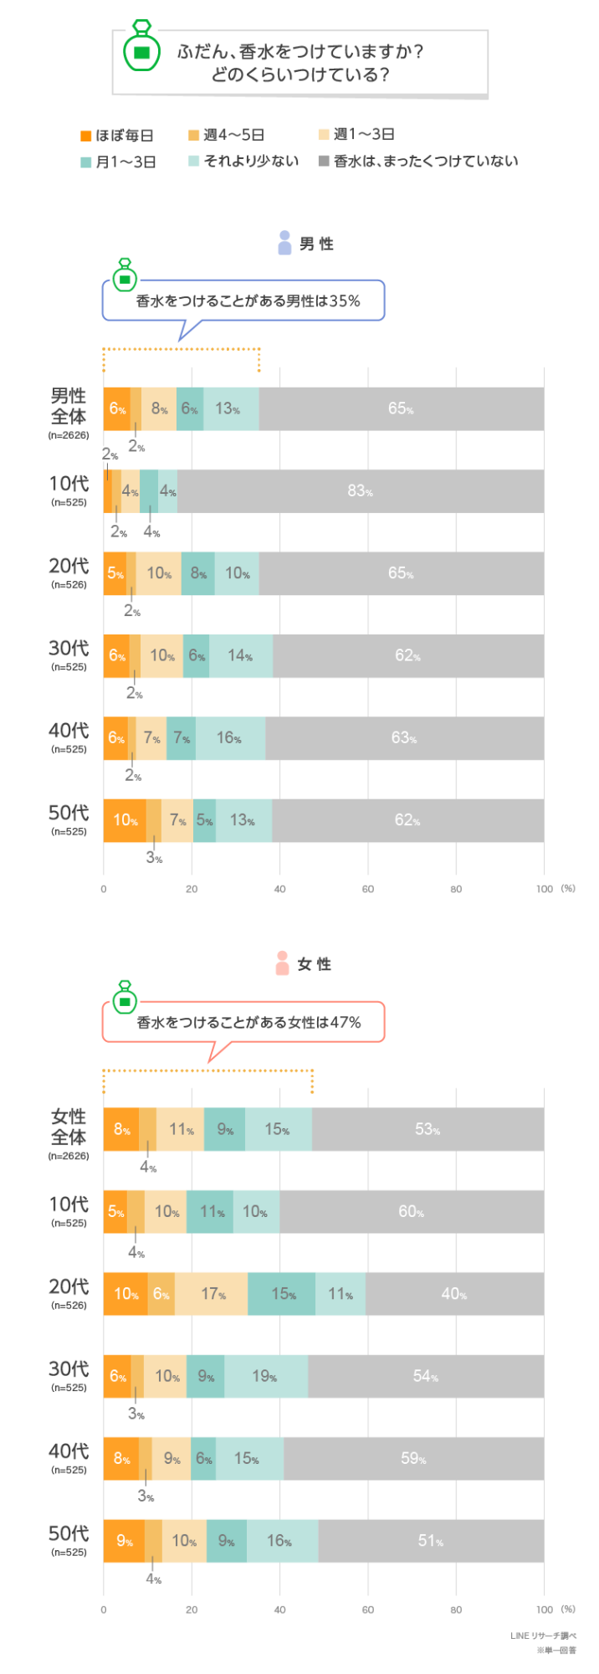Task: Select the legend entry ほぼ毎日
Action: pyautogui.click(x=117, y=136)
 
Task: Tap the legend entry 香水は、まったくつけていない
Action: pyautogui.click(x=418, y=162)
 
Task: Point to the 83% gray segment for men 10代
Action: pyautogui.click(x=360, y=490)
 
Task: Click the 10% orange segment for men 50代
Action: pyautogui.click(x=125, y=820)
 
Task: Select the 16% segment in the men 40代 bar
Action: pyautogui.click(x=229, y=738)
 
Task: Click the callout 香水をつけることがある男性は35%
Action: pyautogui.click(x=248, y=300)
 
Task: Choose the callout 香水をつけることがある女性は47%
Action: pyautogui.click(x=248, y=1022)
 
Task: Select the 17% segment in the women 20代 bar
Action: pyautogui.click(x=212, y=1294)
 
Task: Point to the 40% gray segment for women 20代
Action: pyautogui.click(x=454, y=1294)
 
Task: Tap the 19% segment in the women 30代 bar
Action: pyautogui.click(x=265, y=1376)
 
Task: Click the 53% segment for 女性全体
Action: pyautogui.click(x=427, y=1129)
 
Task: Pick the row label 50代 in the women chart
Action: pyautogui.click(x=69, y=1535)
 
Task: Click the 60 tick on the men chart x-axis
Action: pyautogui.click(x=368, y=889)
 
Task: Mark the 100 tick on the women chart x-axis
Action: pyautogui.click(x=545, y=1610)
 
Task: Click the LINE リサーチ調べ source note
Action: pyautogui.click(x=543, y=1635)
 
